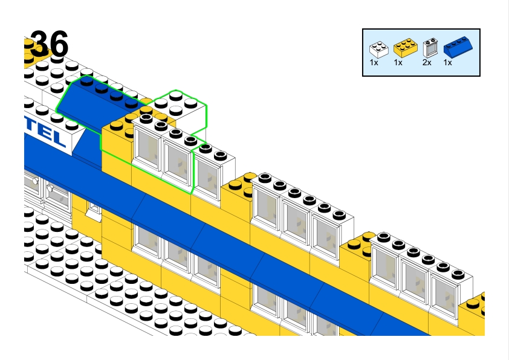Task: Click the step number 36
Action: pyautogui.click(x=50, y=43)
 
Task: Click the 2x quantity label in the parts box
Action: pyautogui.click(x=427, y=62)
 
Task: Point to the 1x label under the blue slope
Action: pyautogui.click(x=448, y=62)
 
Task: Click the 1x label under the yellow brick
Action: pyautogui.click(x=398, y=62)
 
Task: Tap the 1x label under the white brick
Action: pyautogui.click(x=374, y=62)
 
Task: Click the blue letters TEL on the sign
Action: pyautogui.click(x=48, y=134)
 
